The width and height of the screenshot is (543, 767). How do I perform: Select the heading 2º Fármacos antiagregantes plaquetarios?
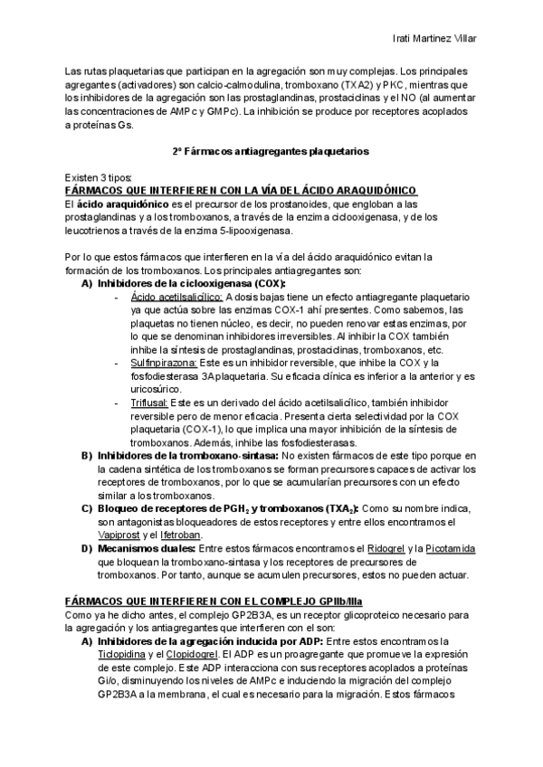click(271, 151)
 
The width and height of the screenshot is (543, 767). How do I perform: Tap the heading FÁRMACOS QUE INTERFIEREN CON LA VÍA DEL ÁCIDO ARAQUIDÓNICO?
click(242, 190)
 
